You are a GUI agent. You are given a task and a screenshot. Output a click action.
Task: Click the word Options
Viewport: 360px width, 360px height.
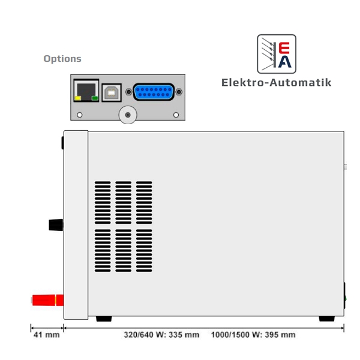click(x=62, y=59)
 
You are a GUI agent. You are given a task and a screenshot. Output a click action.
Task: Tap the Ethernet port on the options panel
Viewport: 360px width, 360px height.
click(x=86, y=91)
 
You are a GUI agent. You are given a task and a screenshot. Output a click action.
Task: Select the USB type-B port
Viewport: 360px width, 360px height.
click(x=112, y=92)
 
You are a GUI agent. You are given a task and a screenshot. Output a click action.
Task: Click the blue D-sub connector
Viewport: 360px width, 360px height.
click(x=154, y=92)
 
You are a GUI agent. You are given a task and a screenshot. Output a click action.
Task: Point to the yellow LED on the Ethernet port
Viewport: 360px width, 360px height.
click(x=78, y=98)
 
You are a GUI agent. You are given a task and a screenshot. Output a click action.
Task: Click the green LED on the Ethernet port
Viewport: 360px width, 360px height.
click(x=95, y=98)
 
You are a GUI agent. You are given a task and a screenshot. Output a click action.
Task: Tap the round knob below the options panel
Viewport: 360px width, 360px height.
click(x=128, y=115)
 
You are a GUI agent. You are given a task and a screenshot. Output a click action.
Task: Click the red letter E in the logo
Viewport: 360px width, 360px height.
click(x=284, y=48)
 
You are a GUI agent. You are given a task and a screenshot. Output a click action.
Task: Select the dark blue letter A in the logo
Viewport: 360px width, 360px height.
click(x=284, y=62)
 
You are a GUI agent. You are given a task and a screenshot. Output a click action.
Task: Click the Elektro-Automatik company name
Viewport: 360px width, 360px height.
click(x=277, y=83)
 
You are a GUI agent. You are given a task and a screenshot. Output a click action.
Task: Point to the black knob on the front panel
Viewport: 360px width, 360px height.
click(x=56, y=225)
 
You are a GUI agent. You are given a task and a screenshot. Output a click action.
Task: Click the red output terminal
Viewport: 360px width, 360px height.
click(x=48, y=301)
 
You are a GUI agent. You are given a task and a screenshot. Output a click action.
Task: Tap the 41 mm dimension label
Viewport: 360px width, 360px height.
click(x=47, y=335)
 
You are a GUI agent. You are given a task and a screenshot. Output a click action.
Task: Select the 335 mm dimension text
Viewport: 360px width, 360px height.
click(x=161, y=335)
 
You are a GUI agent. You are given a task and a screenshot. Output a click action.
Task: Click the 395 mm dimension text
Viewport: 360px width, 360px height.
click(x=253, y=335)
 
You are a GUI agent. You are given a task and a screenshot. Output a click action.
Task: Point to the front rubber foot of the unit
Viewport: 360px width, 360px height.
click(x=104, y=319)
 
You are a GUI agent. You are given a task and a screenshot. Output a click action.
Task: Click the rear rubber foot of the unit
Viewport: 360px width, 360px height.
click(x=327, y=319)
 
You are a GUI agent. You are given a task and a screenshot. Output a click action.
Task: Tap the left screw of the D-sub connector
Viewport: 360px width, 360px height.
click(x=129, y=92)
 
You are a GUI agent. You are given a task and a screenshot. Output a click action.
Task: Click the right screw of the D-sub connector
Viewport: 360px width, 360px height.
click(x=179, y=92)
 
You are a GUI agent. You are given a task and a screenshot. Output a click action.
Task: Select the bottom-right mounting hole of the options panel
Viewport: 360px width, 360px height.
click(x=176, y=115)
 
